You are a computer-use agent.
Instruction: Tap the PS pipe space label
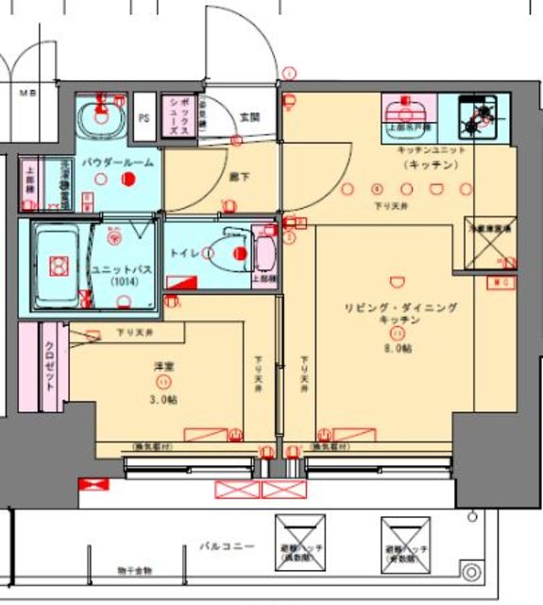(144, 119)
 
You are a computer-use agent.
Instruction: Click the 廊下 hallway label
(241, 175)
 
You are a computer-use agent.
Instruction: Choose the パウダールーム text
(118, 163)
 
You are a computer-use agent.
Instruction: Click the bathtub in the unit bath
(59, 266)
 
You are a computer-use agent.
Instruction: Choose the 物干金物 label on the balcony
(135, 571)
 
